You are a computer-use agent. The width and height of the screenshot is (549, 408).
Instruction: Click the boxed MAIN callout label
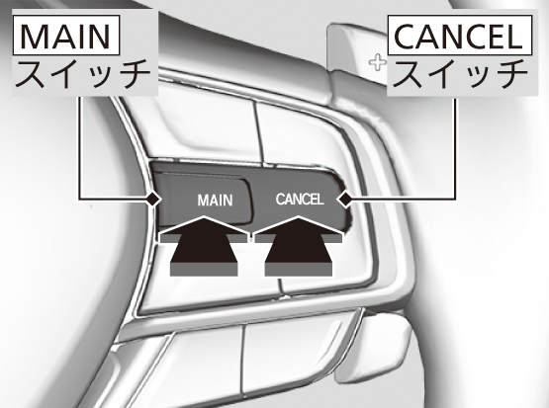[x=66, y=36]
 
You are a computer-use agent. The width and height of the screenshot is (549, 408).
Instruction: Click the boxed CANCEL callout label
[x=460, y=36]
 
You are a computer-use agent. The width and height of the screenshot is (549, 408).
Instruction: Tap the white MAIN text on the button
[x=215, y=201]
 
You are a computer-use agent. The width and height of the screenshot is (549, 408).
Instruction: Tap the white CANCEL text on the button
[x=300, y=200]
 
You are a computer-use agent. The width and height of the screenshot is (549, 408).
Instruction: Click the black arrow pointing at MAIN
[x=204, y=245]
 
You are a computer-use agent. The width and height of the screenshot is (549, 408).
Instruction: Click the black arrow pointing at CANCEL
[x=299, y=245]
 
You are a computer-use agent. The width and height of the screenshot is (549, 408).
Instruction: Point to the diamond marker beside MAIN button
[x=153, y=200]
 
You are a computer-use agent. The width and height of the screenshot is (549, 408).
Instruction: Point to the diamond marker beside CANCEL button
[x=345, y=200]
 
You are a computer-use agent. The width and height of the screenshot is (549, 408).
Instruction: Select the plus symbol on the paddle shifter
[x=378, y=63]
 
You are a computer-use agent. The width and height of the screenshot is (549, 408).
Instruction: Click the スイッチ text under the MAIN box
[x=83, y=74]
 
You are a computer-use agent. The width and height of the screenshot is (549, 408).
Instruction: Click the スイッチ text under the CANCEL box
[x=460, y=74]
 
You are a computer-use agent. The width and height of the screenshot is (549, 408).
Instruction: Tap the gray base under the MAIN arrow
[x=204, y=270]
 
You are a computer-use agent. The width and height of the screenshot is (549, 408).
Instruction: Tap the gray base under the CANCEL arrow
[x=299, y=270]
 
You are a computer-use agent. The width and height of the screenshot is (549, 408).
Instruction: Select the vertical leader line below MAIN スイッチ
[x=79, y=148]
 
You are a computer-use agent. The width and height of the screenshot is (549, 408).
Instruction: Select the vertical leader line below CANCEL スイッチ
[x=456, y=149]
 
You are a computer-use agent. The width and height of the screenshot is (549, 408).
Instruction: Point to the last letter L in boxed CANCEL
[x=514, y=36]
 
